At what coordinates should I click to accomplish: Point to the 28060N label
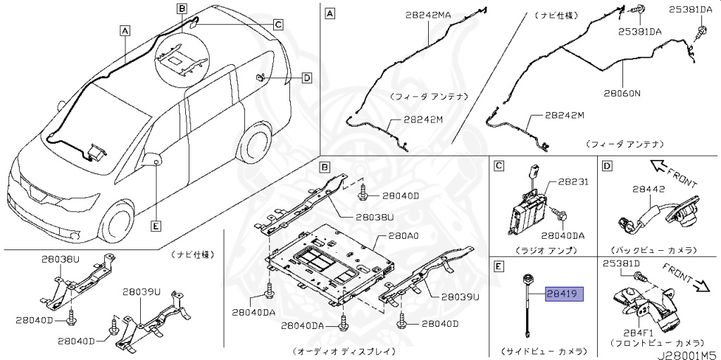click(622, 92)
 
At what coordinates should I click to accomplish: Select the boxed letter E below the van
click(156, 226)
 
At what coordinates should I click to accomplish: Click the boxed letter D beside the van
click(306, 78)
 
